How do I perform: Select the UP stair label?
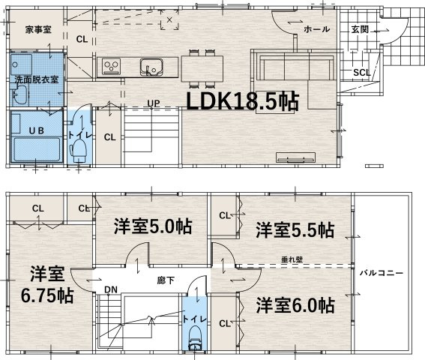pyautogui.click(x=152, y=103)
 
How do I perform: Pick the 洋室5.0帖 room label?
pyautogui.click(x=151, y=226)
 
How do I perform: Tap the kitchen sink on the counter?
pyautogui.click(x=150, y=65)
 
